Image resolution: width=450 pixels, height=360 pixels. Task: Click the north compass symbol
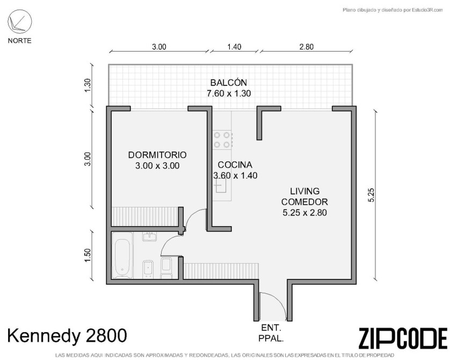[x=19, y=22]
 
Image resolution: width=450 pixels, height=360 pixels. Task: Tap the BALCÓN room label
[x=229, y=83]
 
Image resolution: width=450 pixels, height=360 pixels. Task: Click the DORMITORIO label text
[x=157, y=155]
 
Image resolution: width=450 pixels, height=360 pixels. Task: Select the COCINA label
[x=235, y=165]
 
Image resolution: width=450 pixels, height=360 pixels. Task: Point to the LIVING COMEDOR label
[x=304, y=197]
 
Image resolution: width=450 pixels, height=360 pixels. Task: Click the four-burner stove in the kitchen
[x=222, y=140]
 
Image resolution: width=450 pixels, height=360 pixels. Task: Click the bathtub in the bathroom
[x=122, y=255]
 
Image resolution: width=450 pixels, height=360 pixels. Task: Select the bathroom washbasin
[x=149, y=236]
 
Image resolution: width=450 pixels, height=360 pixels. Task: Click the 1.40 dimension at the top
[x=234, y=47]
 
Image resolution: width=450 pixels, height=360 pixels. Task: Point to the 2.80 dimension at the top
[x=307, y=47]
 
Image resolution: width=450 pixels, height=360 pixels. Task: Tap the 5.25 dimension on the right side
[x=372, y=195]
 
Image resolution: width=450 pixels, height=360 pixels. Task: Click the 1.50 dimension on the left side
[x=88, y=255]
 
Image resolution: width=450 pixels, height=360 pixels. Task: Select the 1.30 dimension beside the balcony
[x=88, y=85]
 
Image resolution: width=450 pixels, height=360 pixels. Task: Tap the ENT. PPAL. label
[x=271, y=333]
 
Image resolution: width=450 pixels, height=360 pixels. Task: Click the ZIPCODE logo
[x=403, y=338]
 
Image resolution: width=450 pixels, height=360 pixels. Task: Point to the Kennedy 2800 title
[x=67, y=335]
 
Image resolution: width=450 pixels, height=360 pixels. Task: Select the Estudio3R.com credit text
[x=393, y=10]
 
